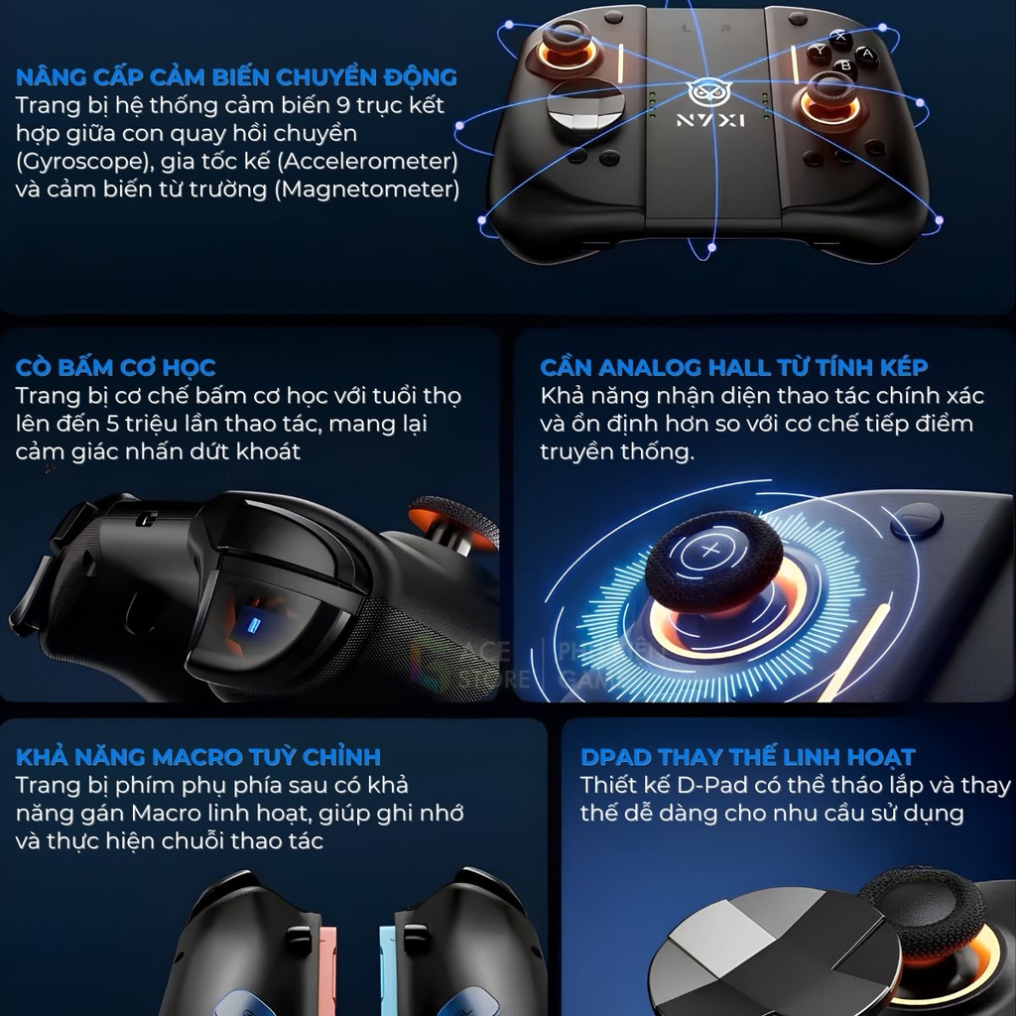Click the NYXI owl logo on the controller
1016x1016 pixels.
coord(707,93)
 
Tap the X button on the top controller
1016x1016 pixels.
coord(839,36)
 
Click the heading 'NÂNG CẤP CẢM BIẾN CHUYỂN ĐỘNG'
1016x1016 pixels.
coord(236,76)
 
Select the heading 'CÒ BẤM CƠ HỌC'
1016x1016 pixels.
coord(115,367)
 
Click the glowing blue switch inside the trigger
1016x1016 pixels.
coord(255,626)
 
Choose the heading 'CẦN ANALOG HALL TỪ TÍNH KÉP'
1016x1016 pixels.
coord(734,367)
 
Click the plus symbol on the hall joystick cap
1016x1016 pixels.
coord(710,550)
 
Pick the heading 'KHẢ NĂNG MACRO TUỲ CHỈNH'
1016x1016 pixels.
coord(198,756)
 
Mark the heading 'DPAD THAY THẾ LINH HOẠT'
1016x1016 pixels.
coord(748,756)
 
